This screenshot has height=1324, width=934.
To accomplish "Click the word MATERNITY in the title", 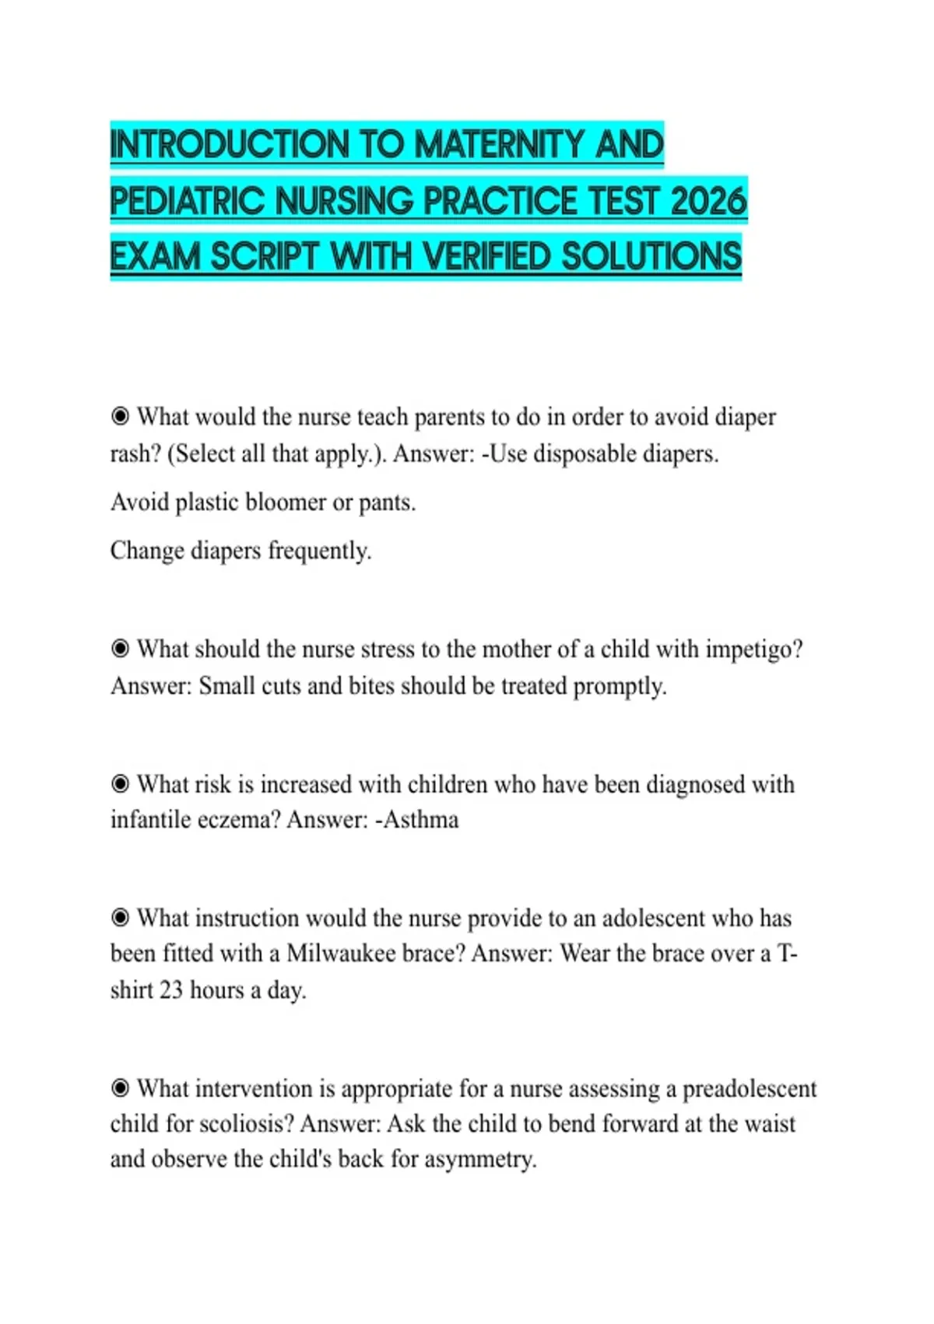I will pyautogui.click(x=499, y=145).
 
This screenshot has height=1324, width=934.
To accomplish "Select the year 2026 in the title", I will pyautogui.click(x=708, y=201).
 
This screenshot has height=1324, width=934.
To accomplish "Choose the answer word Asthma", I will pyautogui.click(x=421, y=819).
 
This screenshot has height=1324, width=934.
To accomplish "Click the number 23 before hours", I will pyautogui.click(x=171, y=990).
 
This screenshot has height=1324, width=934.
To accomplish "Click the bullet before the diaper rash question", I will pyautogui.click(x=120, y=417).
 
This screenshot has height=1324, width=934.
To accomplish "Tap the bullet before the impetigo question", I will pyautogui.click(x=120, y=649).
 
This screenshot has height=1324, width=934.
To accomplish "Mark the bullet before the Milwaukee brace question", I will pyautogui.click(x=120, y=917).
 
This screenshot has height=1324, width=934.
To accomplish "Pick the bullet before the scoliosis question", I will pyautogui.click(x=120, y=1088).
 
